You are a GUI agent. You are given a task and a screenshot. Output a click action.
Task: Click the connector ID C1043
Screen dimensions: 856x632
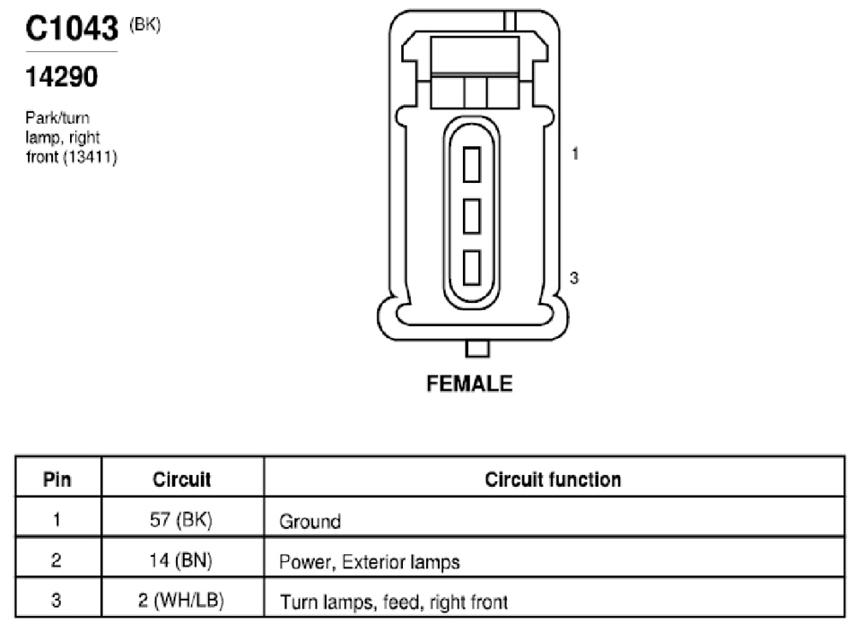tap(72, 29)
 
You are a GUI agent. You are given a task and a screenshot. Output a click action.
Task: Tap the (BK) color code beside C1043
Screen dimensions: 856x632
tap(144, 25)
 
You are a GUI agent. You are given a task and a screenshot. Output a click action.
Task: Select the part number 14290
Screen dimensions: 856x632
tap(62, 77)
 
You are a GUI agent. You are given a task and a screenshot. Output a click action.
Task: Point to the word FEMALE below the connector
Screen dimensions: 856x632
tap(469, 384)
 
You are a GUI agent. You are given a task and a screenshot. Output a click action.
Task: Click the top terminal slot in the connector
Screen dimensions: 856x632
tap(472, 165)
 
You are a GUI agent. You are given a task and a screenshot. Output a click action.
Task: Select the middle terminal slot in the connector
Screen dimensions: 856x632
tap(472, 216)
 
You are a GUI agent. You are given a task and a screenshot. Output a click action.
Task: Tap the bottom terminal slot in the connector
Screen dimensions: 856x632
tap(472, 268)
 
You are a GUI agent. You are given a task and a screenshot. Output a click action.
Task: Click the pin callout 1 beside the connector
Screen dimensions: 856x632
tap(575, 154)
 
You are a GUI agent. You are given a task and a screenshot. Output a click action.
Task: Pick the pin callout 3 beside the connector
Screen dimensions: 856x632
tap(573, 278)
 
